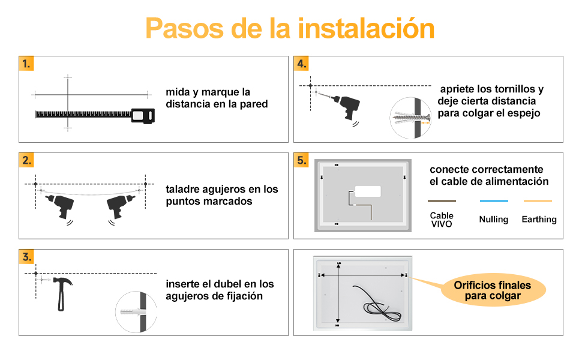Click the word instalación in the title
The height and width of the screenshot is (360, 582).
[366, 28]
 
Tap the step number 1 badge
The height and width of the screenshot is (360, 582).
[26, 64]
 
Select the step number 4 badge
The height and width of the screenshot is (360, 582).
[301, 64]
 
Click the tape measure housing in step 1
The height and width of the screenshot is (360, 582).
[143, 116]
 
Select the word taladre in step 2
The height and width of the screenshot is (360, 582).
[183, 189]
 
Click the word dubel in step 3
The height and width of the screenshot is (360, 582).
[220, 284]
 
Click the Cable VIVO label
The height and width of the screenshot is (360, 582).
[442, 220]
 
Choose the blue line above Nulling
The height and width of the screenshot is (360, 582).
[494, 201]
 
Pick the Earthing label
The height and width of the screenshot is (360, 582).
[539, 220]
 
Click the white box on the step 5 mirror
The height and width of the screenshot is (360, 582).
[367, 191]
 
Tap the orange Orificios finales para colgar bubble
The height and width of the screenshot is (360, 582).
[493, 290]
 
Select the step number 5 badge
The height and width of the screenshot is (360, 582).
[301, 160]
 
